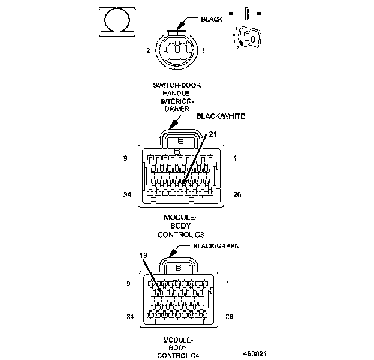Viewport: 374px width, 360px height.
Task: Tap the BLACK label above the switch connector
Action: [211, 19]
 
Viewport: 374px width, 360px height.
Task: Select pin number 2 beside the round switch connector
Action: [147, 51]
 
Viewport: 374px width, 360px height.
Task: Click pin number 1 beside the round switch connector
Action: [204, 51]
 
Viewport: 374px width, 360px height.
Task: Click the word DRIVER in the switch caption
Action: [177, 109]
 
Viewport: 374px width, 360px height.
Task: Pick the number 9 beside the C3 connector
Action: [124, 158]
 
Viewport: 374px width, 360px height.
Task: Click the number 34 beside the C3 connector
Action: [126, 195]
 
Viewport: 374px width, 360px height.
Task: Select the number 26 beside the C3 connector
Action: [237, 195]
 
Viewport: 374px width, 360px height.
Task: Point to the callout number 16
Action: [143, 255]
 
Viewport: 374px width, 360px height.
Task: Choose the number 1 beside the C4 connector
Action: [229, 283]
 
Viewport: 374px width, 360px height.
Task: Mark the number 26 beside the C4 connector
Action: [228, 316]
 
